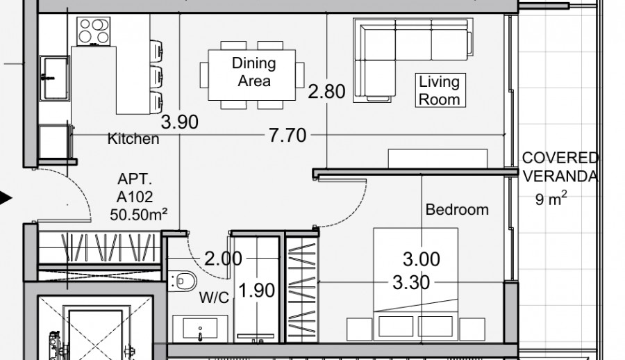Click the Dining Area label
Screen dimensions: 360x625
click(x=253, y=72)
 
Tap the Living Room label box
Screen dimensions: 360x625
click(x=438, y=90)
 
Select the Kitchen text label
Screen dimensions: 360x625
click(x=133, y=139)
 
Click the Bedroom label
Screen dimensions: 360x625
click(x=456, y=209)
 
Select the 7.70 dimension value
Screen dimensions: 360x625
click(x=287, y=135)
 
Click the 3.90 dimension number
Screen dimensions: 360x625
click(x=179, y=123)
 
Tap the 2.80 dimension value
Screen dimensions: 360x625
click(x=326, y=92)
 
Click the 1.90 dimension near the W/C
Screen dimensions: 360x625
click(x=257, y=290)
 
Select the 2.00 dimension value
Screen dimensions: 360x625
click(x=223, y=259)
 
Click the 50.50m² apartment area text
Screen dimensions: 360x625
click(x=139, y=214)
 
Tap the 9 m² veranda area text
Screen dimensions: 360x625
click(x=551, y=200)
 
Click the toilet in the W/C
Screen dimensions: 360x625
click(x=182, y=281)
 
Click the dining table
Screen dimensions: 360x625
click(x=253, y=73)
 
